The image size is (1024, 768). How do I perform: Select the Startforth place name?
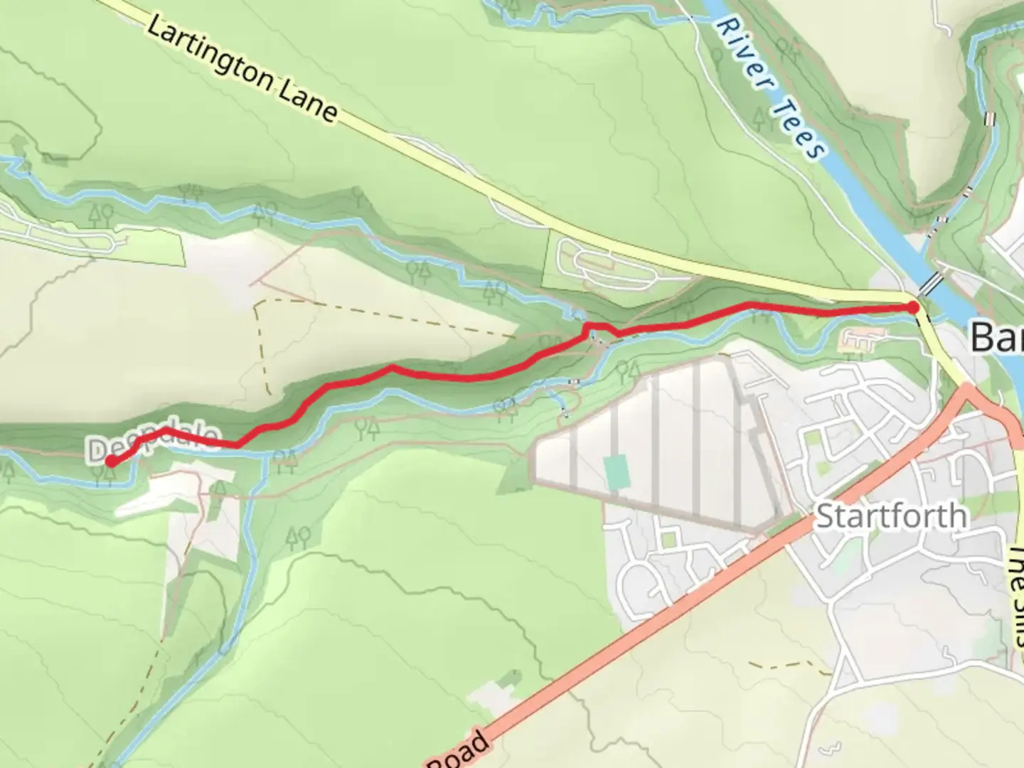point(890,516)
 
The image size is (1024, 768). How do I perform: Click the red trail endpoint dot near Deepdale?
point(112,462)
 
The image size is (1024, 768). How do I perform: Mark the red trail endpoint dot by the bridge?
point(912,307)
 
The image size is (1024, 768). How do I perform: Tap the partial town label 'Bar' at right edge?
point(997,337)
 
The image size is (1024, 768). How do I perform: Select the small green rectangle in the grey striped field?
point(615,473)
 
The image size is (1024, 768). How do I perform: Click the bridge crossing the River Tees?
point(931,283)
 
